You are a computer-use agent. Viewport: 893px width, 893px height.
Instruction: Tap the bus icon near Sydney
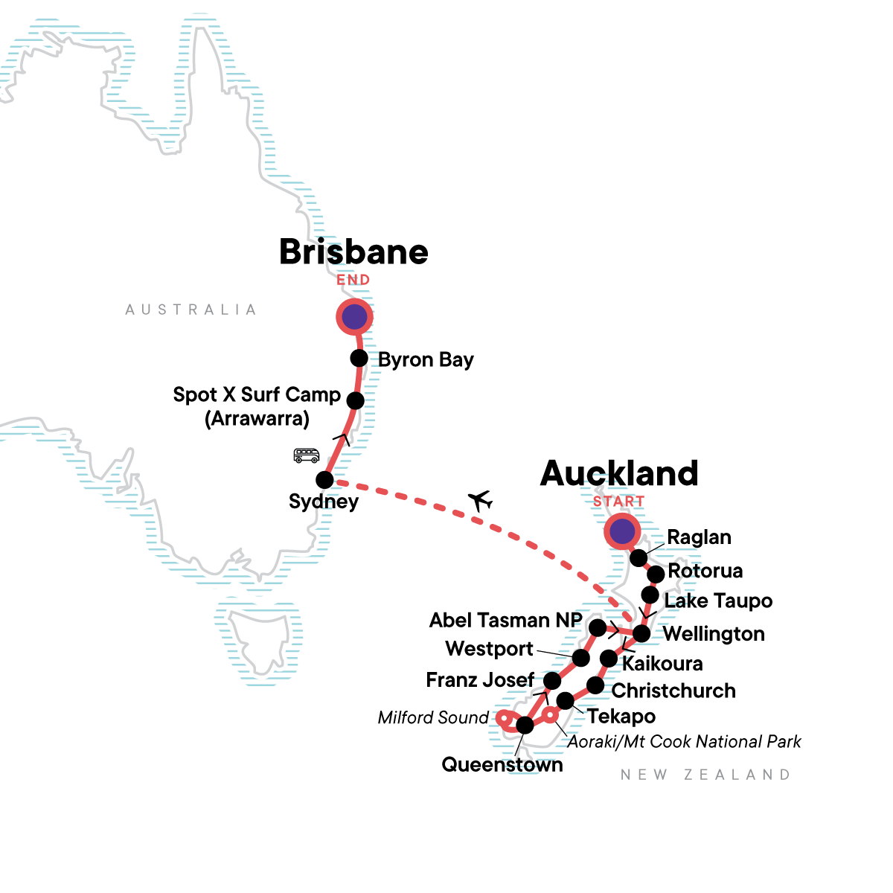point(307,455)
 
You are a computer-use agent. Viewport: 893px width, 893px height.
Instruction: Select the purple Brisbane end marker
point(354,317)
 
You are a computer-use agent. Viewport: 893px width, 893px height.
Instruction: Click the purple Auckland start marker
point(621,531)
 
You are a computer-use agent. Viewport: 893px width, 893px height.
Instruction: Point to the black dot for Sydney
point(324,479)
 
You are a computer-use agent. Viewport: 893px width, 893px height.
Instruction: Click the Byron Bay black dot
point(359,358)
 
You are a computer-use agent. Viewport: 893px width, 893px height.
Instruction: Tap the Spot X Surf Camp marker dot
point(356,400)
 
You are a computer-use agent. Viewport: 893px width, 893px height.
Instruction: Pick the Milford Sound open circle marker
point(504,719)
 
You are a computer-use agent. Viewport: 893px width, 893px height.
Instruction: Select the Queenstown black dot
point(525,725)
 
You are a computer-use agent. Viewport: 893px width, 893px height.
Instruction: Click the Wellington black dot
point(641,633)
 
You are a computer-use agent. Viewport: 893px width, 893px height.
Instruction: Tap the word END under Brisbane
point(353,280)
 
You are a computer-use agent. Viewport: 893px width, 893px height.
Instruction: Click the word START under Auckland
point(618,502)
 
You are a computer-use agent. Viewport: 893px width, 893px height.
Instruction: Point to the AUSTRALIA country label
point(191,310)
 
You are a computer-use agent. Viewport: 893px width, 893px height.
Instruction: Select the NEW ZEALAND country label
point(705,775)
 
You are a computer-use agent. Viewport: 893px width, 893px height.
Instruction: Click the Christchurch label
point(673,691)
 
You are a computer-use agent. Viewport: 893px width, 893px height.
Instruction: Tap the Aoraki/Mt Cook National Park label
point(684,742)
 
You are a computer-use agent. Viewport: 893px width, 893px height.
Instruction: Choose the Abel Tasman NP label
point(505,620)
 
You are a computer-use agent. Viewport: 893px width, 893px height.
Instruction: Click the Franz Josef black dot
point(551,681)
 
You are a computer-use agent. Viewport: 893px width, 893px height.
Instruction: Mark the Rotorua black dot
point(655,574)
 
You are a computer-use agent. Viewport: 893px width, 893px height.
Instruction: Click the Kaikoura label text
point(662,663)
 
